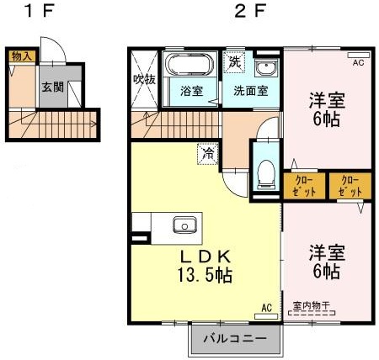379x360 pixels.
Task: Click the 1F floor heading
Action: pos(39,11)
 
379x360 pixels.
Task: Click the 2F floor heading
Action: pos(249,11)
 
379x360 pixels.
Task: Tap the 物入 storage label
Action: pos(22,56)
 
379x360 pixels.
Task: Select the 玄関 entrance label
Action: pos(53,87)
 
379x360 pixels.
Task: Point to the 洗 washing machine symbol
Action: pos(234,61)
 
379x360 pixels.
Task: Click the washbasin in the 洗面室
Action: pos(265,67)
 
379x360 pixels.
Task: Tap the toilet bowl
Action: pos(266,174)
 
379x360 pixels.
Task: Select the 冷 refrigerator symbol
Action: pos(208,153)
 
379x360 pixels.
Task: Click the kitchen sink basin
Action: pos(184,225)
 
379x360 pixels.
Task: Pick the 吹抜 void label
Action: pos(144,80)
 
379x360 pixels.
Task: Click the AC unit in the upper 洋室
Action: pos(359,55)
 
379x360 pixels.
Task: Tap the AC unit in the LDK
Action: pos(266,316)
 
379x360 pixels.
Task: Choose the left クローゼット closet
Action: pos(304,186)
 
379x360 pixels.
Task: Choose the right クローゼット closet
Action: pos(350,186)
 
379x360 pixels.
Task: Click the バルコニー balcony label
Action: pos(235,339)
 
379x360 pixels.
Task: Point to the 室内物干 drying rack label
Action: pos(312,305)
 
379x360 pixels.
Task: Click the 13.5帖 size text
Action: pos(205,275)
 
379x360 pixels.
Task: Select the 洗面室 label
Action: pos(251,91)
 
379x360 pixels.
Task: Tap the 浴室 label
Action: pos(191,91)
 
